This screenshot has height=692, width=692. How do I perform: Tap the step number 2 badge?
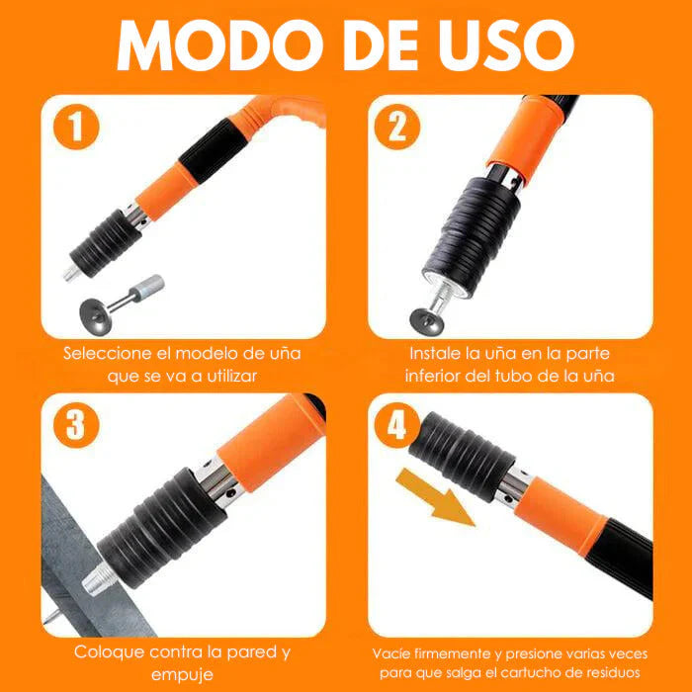397,130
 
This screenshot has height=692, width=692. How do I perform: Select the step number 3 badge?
75,425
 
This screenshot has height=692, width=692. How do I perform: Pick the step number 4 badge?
397,425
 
